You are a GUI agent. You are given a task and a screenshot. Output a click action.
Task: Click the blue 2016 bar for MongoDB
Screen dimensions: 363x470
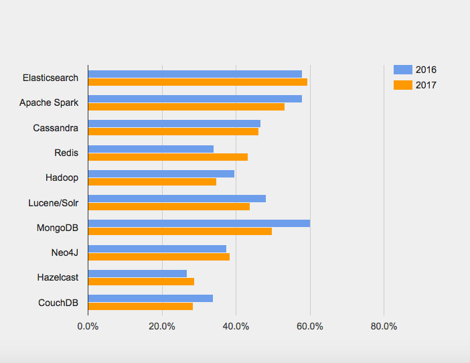(x=199, y=223)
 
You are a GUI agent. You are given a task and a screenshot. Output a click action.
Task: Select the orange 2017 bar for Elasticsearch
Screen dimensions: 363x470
(x=198, y=82)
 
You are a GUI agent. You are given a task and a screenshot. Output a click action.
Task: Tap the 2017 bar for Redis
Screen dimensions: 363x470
(x=167, y=157)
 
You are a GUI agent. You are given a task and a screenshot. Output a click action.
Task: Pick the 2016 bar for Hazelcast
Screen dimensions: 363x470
(x=137, y=273)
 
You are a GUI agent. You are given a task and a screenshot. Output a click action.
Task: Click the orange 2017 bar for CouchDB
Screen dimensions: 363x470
(x=140, y=306)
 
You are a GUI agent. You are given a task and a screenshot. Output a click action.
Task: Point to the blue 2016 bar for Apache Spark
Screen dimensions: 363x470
(x=195, y=98)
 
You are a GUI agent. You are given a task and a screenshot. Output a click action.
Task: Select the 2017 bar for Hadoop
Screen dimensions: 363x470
(x=152, y=181)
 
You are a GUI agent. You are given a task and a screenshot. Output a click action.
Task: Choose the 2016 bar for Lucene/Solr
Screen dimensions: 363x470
(x=177, y=198)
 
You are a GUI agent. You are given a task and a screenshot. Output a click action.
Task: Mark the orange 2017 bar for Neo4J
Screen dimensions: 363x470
(x=159, y=257)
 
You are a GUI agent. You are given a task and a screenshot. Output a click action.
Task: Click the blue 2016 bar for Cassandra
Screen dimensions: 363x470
(x=174, y=123)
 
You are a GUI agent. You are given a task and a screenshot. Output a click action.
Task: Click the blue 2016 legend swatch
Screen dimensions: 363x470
(x=402, y=70)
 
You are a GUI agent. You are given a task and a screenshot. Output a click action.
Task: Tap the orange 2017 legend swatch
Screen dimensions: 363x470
(x=402, y=85)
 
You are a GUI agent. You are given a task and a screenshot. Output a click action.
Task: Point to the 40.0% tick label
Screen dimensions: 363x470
(x=236, y=326)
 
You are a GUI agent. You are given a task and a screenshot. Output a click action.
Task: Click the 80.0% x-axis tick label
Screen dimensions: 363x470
(x=384, y=326)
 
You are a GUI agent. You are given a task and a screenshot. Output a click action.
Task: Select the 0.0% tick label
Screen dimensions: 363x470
(x=88, y=326)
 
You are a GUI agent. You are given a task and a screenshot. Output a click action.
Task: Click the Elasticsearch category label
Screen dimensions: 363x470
(x=50, y=78)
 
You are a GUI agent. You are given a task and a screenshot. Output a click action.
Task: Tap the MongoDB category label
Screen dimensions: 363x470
(x=57, y=228)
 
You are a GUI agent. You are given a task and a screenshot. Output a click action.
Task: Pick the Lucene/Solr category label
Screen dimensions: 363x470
(x=53, y=202)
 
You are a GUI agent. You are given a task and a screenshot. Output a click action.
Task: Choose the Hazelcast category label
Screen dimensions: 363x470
(x=58, y=277)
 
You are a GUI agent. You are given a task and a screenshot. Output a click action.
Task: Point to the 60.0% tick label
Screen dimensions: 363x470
(x=310, y=326)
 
